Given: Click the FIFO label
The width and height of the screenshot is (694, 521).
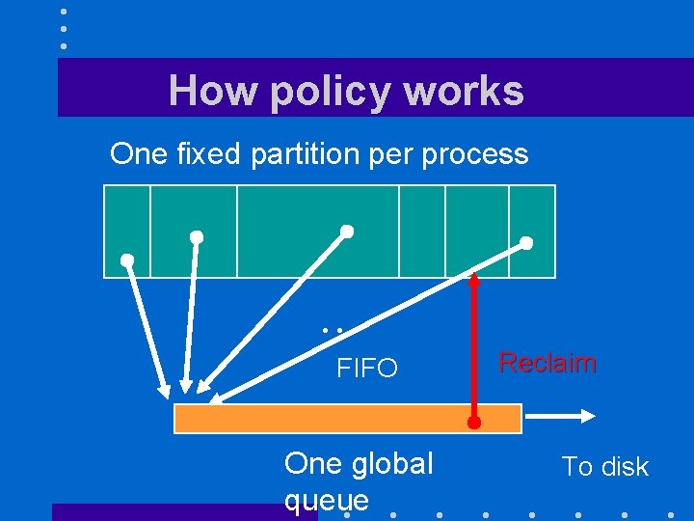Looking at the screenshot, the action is click(366, 369).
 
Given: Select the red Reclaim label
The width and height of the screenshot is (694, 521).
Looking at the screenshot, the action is click(547, 364).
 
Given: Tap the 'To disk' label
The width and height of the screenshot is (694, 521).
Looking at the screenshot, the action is click(605, 467).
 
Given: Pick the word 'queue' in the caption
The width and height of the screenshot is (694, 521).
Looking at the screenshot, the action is click(327, 500).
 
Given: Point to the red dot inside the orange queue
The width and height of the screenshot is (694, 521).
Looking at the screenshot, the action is click(473, 423).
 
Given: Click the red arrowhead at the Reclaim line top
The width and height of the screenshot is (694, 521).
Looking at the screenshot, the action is click(474, 282).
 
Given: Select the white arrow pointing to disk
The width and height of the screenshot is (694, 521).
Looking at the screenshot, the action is click(564, 417).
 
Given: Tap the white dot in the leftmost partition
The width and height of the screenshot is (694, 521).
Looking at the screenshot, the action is click(126, 260).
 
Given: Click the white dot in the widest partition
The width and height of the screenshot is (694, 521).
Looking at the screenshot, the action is click(347, 232).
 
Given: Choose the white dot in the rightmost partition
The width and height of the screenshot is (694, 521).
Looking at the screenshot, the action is click(526, 243).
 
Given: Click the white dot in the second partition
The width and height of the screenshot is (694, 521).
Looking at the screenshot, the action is click(197, 236).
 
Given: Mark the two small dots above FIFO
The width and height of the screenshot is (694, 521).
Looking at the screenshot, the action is click(334, 330).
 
